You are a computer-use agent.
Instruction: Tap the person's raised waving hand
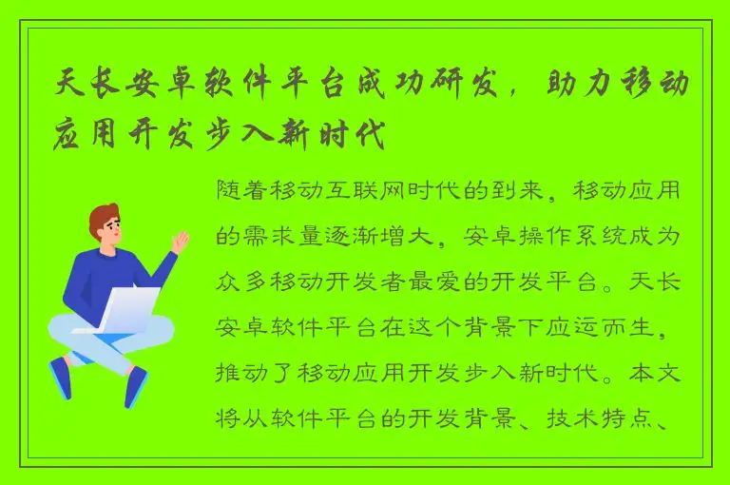coord(178,242)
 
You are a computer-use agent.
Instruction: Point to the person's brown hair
coord(104,217)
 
